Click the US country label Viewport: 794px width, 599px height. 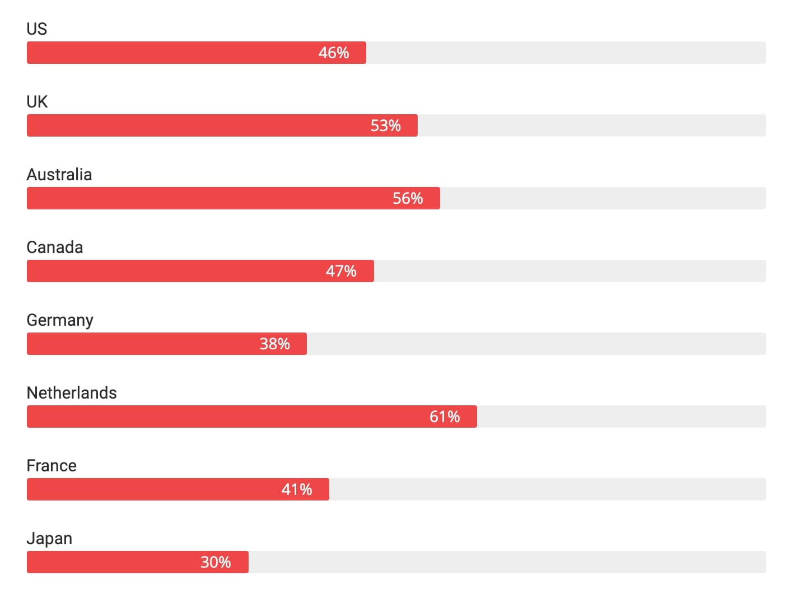pos(37,29)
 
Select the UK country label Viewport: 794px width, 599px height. pos(37,101)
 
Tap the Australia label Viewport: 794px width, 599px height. pos(59,174)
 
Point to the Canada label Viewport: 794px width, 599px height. pos(55,247)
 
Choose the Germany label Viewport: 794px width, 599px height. pos(60,320)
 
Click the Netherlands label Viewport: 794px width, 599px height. pos(72,392)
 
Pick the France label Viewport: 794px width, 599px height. pos(52,465)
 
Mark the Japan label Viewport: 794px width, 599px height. pos(49,539)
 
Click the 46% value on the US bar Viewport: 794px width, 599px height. pos(334,53)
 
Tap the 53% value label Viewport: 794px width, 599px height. pos(386,125)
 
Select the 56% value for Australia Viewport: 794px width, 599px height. pos(408,198)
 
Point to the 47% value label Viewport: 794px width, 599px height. pos(341,271)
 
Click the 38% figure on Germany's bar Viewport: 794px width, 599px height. pos(274,344)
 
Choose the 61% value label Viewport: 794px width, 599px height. pos(445,417)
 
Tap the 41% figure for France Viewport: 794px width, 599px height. pos(297,489)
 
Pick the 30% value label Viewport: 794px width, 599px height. pos(216,562)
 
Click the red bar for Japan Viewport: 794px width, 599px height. pos(112,562)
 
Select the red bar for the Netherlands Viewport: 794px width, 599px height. pos(224,417)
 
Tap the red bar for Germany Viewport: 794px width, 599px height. pos(140,344)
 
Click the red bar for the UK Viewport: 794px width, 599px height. pos(196,125)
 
